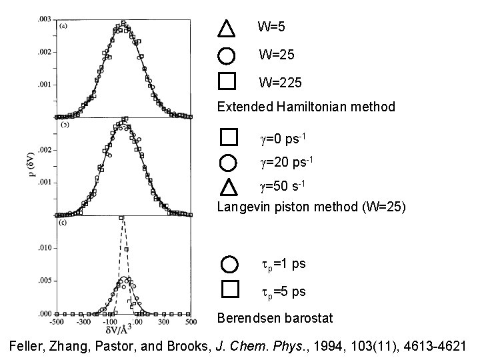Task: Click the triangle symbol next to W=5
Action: [x=227, y=28]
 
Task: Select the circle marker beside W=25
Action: [x=227, y=55]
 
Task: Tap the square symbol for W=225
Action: [x=227, y=81]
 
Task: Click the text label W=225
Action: [x=280, y=83]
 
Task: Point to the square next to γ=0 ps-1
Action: [x=229, y=137]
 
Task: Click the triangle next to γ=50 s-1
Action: [x=228, y=187]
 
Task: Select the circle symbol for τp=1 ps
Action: [x=229, y=264]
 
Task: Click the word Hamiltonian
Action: [x=311, y=107]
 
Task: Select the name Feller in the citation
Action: [x=29, y=345]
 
